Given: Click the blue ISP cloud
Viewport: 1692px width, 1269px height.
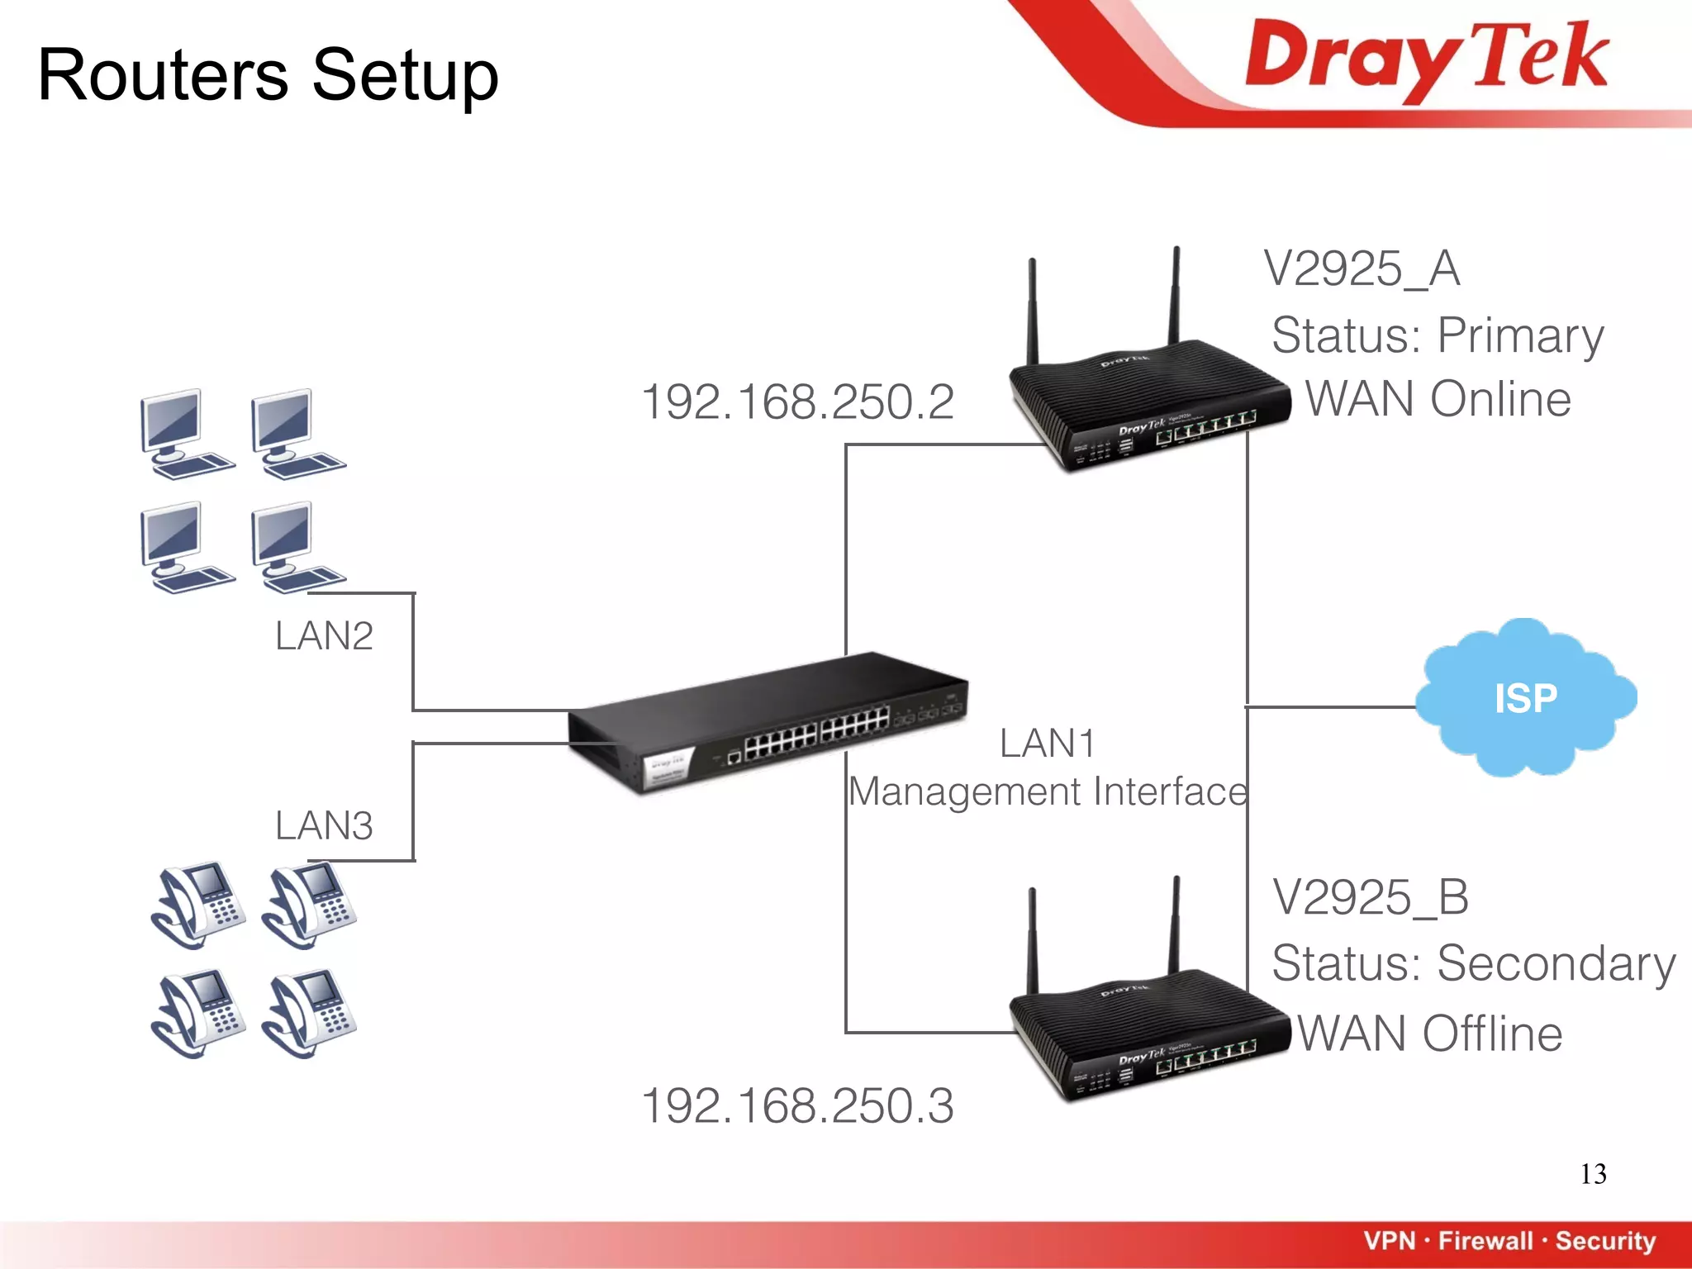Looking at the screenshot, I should [x=1525, y=698].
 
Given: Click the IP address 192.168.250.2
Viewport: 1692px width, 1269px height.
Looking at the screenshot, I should [x=797, y=402].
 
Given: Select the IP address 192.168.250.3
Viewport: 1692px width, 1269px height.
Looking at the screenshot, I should [x=797, y=1105].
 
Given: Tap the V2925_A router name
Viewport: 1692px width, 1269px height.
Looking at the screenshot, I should [x=1362, y=269].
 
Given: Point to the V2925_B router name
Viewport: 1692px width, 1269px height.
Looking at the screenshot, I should [x=1371, y=897].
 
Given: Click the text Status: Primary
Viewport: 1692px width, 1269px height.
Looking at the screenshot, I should [x=1438, y=335].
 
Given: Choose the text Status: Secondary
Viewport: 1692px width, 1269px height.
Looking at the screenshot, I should [x=1473, y=963].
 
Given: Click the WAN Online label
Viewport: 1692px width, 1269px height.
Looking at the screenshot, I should [x=1438, y=399].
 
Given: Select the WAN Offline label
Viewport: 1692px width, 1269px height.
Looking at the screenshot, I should [x=1429, y=1034].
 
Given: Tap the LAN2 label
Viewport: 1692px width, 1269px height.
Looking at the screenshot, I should [x=324, y=636].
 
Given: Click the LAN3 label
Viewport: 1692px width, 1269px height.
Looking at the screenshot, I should [x=324, y=825].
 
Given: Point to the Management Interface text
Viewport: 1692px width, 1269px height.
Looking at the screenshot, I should [x=1048, y=791].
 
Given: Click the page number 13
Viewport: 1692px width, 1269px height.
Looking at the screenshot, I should [x=1593, y=1174].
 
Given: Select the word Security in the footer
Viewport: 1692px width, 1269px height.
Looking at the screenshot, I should [x=1605, y=1241].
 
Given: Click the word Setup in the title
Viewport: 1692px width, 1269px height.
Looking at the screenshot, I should [x=405, y=76].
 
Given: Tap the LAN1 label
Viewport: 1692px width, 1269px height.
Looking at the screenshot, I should [x=1047, y=743].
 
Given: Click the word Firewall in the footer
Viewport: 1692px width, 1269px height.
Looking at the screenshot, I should [x=1485, y=1241].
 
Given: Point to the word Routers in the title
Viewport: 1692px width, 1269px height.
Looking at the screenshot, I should [x=163, y=76].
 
